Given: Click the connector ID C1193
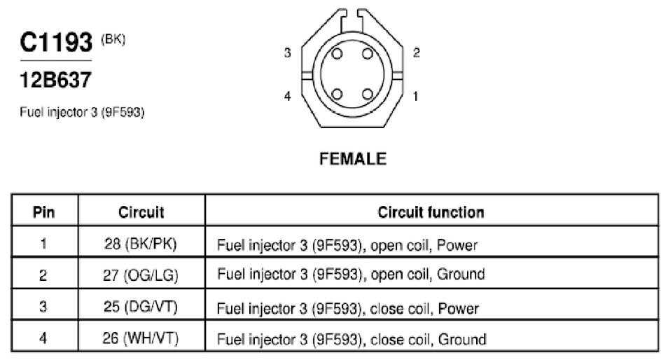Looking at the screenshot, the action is coord(56,42).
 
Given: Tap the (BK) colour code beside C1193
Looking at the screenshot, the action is coord(113,40).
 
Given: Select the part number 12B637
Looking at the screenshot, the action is coord(55,80).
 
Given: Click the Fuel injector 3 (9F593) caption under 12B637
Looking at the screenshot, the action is coord(82,113).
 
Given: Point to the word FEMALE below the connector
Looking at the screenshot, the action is coord(353,159).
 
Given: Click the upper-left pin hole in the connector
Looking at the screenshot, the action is coord(337,54).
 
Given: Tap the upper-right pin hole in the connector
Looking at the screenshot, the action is coord(368,54).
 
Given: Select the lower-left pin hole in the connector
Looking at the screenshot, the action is coord(337,94).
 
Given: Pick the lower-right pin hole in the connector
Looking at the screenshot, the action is coord(368,94).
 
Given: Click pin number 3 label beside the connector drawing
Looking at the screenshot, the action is coord(288,53).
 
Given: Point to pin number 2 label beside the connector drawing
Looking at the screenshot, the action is coord(416,53).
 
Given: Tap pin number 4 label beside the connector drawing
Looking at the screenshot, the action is coord(288,96).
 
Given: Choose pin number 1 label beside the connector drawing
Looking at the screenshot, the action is coord(415,96).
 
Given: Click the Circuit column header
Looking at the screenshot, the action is coord(141,212).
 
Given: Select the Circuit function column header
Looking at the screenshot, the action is coord(431,212).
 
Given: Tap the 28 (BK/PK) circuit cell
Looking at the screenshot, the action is coord(141,244).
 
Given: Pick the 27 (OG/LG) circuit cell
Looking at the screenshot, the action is coord(141,275).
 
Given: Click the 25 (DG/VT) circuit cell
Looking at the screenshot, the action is coord(141,307).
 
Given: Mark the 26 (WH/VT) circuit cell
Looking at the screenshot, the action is coord(141,338).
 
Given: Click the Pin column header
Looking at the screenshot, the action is coord(44,212).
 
